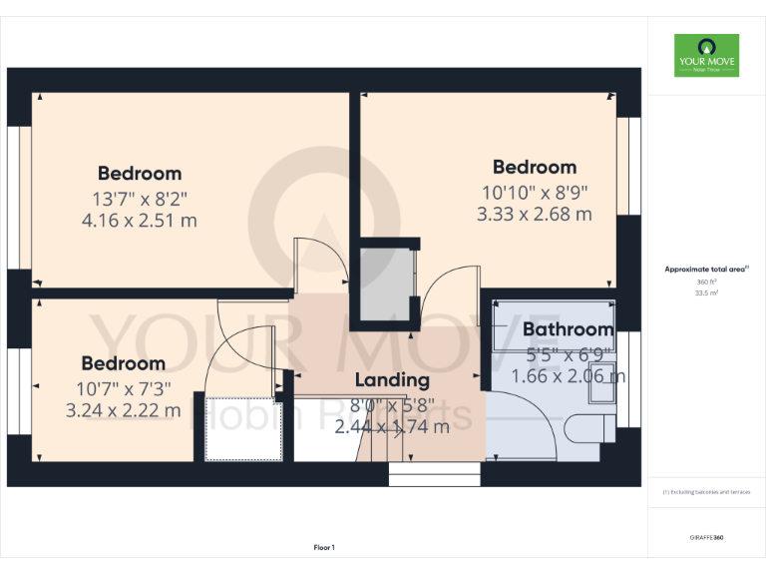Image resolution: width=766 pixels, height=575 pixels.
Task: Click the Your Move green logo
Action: (x=706, y=56)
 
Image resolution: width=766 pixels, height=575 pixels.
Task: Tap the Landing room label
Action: (x=392, y=379)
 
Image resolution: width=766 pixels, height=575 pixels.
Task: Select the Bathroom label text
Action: (x=568, y=329)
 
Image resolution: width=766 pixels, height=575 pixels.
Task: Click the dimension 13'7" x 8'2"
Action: (x=139, y=198)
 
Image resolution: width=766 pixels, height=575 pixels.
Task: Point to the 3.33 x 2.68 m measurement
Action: (x=535, y=214)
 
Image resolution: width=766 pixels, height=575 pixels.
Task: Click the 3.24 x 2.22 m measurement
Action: (x=123, y=410)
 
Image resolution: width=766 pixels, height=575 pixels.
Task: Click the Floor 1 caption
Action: (x=324, y=547)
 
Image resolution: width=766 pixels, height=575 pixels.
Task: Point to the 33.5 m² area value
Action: (x=706, y=293)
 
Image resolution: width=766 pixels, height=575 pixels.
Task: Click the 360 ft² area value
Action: (x=706, y=282)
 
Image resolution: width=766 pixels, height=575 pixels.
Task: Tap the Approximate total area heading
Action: (x=706, y=270)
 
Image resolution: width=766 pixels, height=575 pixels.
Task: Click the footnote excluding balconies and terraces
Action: (x=706, y=492)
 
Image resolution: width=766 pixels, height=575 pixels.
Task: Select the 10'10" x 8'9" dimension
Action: (x=535, y=191)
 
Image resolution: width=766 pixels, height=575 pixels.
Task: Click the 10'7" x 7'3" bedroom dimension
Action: (x=123, y=387)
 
